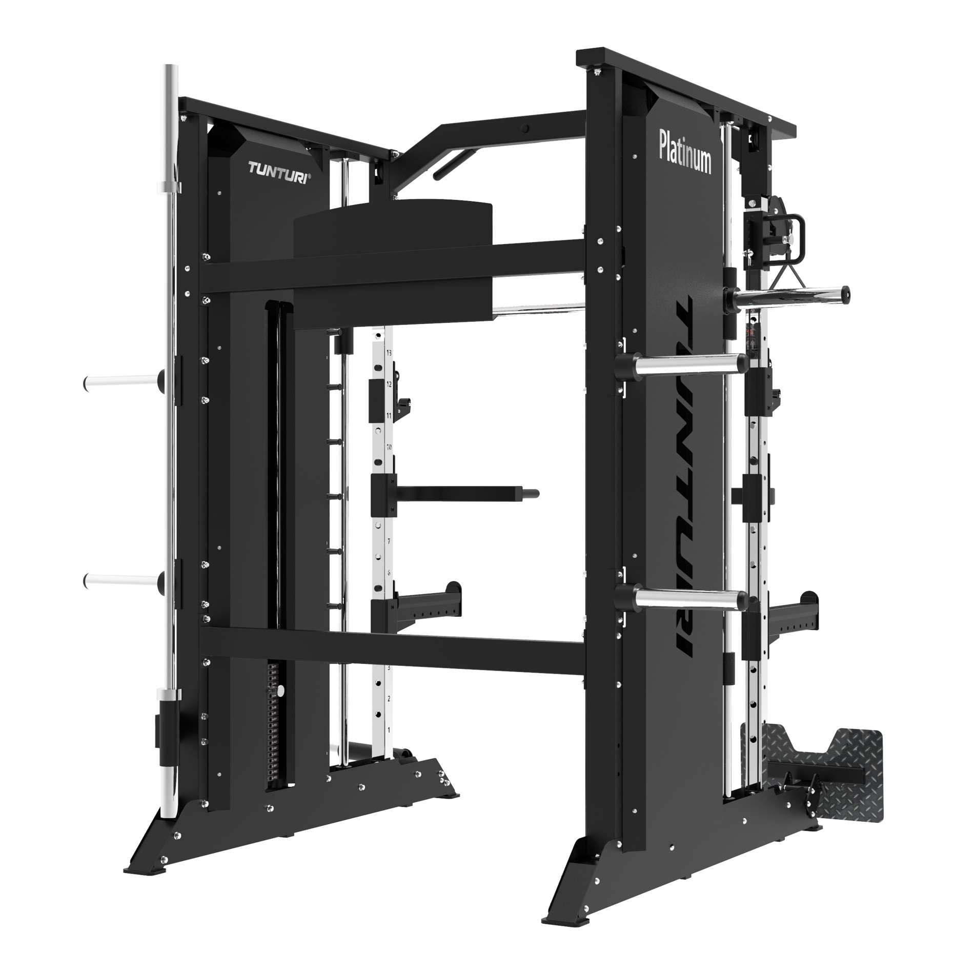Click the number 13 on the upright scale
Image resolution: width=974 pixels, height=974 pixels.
389,353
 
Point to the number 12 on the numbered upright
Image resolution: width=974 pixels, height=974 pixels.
389,384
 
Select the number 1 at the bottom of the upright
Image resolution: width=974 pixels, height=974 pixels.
389,729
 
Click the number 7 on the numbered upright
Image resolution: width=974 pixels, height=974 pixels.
389,541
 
